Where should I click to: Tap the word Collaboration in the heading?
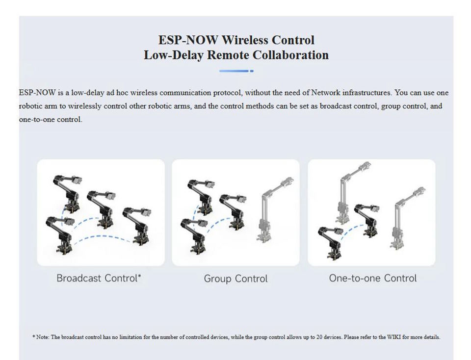pos(290,55)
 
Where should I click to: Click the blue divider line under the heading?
pos(236,71)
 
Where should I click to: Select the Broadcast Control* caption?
pos(99,278)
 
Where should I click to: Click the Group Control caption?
pos(235,279)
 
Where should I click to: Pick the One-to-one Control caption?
pos(373,278)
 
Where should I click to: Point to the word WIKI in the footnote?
pos(393,337)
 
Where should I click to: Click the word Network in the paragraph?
pos(326,93)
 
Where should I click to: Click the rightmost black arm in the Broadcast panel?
pos(137,225)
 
